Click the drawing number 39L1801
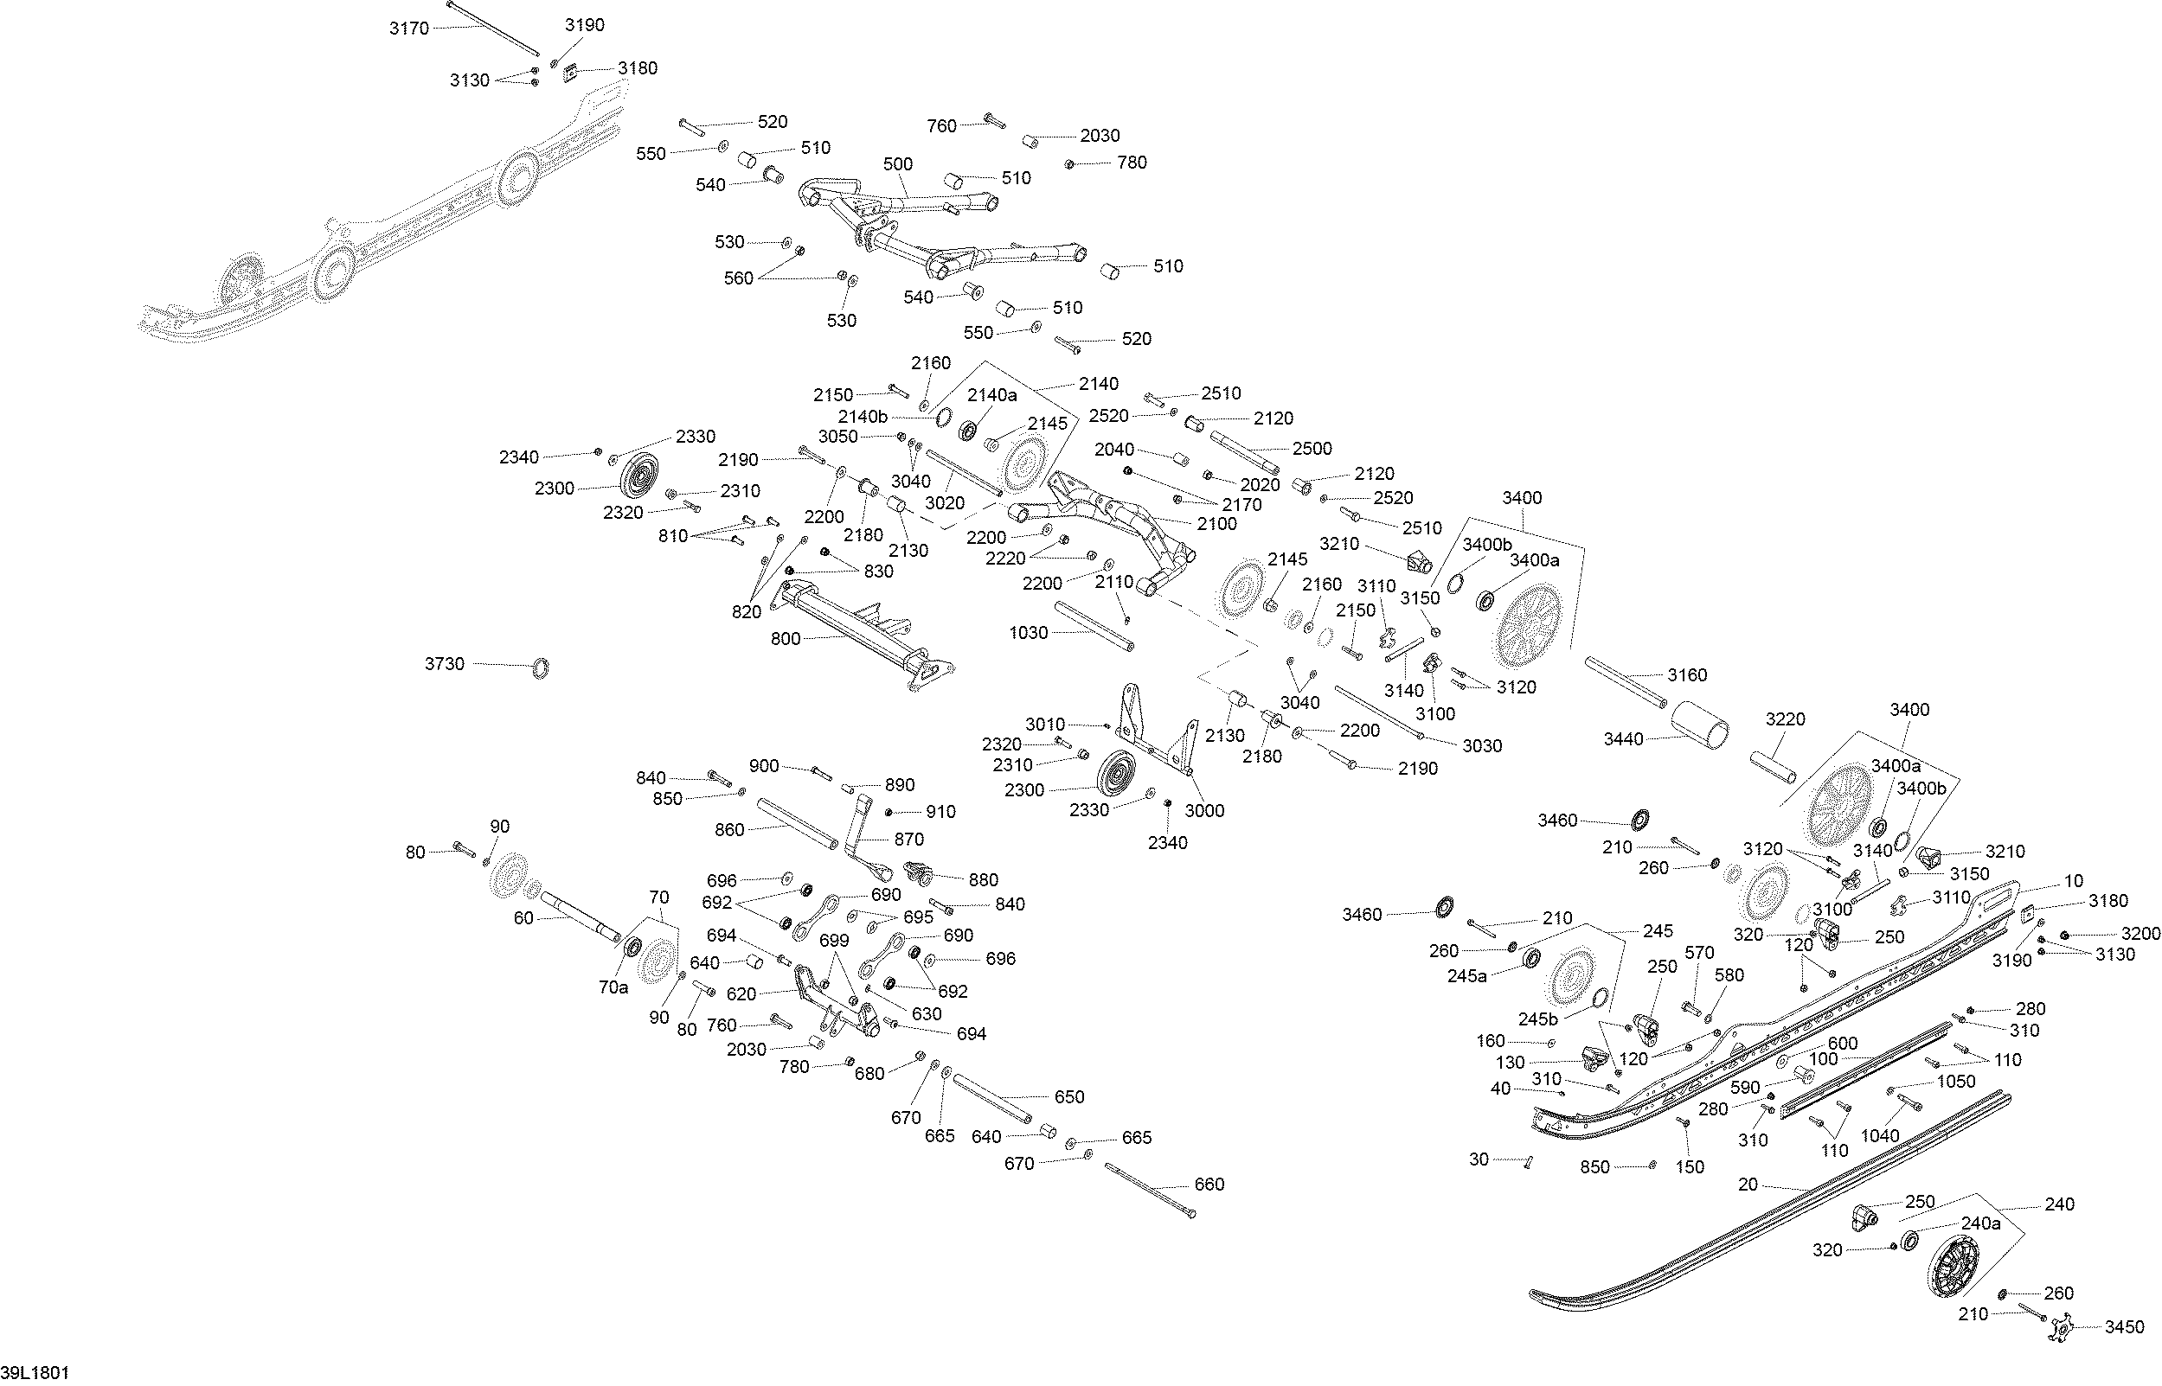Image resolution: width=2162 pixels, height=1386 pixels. point(35,1372)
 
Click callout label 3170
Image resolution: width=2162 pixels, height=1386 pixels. point(409,28)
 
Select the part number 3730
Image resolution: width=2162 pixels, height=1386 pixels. point(445,663)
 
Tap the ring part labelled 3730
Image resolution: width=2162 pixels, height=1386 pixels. point(540,668)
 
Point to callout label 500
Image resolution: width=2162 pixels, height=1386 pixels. point(898,163)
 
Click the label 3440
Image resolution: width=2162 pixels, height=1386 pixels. point(1624,739)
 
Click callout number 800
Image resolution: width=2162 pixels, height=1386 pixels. point(786,638)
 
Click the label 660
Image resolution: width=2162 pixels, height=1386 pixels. point(1209,1185)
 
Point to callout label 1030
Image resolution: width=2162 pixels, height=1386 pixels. point(1029,633)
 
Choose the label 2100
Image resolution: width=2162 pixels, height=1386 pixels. point(1216,524)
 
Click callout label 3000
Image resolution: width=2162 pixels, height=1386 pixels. point(1204,810)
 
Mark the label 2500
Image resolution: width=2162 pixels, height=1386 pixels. point(1312,448)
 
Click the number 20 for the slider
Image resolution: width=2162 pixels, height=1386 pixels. point(1748,1185)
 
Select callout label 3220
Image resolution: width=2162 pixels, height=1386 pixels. point(1786,719)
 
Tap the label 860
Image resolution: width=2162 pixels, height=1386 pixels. point(728,830)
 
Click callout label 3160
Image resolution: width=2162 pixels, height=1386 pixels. point(1687,674)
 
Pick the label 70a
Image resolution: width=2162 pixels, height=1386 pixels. point(613,987)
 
